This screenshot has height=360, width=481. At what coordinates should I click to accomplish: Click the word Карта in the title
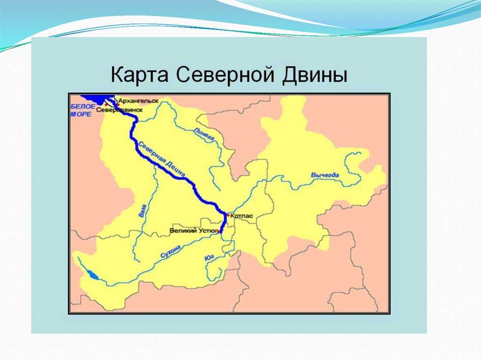click(x=139, y=76)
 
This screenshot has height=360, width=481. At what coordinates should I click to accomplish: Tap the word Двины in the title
click(x=315, y=75)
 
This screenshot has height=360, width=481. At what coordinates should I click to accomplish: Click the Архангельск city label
click(x=139, y=100)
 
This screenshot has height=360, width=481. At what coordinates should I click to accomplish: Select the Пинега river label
click(x=204, y=135)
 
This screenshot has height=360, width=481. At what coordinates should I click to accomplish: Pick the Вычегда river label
click(x=325, y=176)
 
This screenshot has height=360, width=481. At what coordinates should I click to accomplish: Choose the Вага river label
click(x=142, y=211)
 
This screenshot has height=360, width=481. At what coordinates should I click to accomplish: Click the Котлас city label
click(x=242, y=216)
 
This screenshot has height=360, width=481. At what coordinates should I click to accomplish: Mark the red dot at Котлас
click(x=228, y=215)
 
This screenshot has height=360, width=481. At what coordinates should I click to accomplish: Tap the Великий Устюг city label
click(x=194, y=230)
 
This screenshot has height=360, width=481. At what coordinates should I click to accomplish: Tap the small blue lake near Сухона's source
click(x=93, y=275)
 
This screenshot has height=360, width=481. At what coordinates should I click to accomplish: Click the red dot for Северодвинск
click(x=106, y=105)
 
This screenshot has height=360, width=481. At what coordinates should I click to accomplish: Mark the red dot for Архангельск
click(x=117, y=105)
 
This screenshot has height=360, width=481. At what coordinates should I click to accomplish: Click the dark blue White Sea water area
click(x=95, y=100)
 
